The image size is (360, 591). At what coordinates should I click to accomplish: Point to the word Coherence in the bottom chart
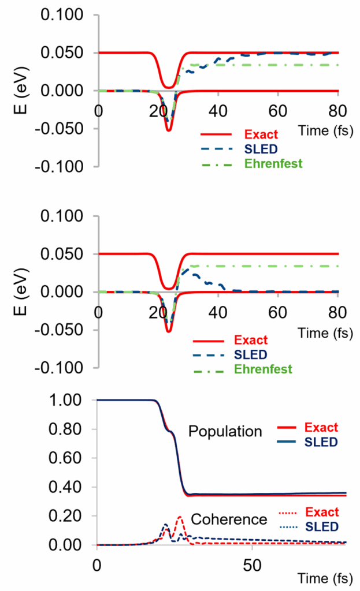tap(229, 519)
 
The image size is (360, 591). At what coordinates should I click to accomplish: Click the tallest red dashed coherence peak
tap(180, 517)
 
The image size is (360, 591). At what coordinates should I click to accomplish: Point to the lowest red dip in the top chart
tap(169, 130)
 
